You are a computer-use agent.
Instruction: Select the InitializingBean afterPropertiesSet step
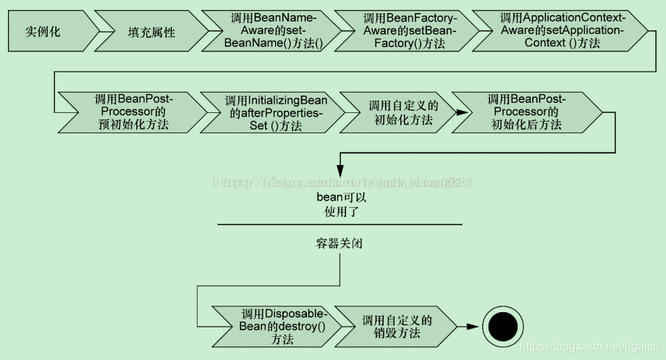coord(273,112)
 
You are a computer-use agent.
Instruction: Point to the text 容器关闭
coord(340,243)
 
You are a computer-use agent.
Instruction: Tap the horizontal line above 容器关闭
coord(340,225)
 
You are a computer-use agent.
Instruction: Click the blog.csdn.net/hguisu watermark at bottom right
coord(593,348)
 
